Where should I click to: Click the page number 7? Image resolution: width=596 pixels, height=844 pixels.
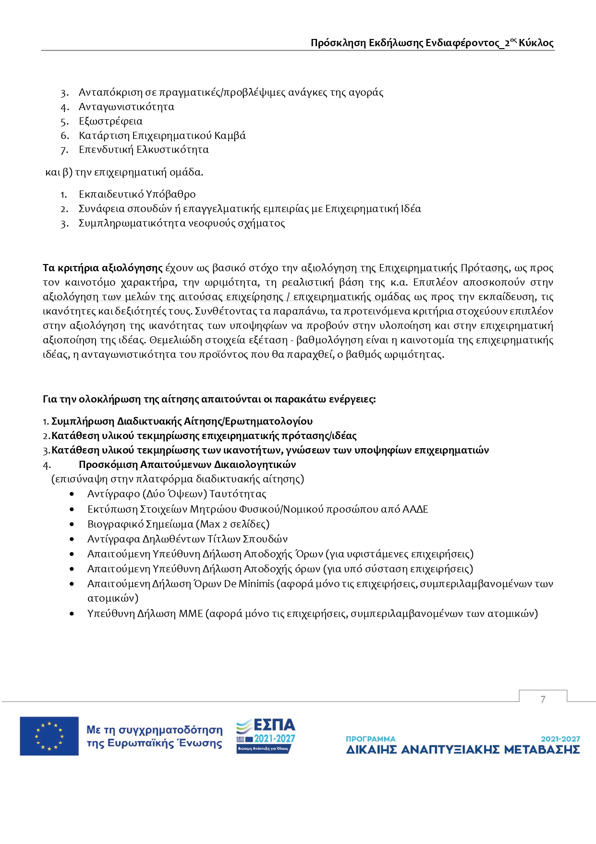543,699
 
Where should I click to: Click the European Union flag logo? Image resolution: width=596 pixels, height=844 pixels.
49,736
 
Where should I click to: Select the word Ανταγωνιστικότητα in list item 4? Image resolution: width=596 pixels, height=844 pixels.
126,107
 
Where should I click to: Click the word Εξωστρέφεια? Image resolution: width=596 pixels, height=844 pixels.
110,121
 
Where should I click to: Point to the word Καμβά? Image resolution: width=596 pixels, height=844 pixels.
230,136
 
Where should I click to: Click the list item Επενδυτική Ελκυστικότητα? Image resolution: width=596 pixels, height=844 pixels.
144,150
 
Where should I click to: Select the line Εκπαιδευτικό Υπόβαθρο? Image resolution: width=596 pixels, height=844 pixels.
137,194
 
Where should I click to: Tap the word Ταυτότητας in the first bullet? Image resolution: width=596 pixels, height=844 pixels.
238,494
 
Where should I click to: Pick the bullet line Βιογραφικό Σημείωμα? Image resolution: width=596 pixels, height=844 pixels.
178,524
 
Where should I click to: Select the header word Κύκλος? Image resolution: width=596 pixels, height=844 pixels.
536,43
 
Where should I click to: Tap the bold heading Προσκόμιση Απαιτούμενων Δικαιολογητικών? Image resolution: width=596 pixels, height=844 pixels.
187,465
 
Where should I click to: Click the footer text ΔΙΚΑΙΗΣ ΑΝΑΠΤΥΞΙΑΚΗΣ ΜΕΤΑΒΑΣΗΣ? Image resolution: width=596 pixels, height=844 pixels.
462,749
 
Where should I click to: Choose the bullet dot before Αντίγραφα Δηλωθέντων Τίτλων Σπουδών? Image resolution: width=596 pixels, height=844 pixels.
72,539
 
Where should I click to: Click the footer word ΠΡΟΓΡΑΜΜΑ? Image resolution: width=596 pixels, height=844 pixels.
370,739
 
